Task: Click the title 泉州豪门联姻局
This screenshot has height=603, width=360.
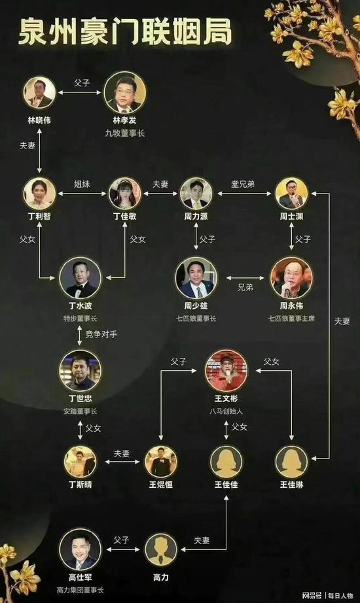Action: point(125,31)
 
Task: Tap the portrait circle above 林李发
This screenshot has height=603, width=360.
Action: point(125,92)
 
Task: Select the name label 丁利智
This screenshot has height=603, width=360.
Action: point(39,216)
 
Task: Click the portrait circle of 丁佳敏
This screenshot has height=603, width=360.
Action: point(125,194)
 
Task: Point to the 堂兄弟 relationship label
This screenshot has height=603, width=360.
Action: point(243,184)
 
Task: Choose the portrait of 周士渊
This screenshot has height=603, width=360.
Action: point(291,194)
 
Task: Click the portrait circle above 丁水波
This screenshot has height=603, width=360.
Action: point(80,278)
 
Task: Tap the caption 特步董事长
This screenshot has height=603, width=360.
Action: point(80,319)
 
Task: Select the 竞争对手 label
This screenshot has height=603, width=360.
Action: point(101,334)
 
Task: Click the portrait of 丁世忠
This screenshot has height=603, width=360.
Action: point(80,370)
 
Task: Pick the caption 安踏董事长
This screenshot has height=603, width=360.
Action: point(80,411)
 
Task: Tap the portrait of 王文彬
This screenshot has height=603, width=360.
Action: point(226,370)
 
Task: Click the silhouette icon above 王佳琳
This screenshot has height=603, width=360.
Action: point(291,462)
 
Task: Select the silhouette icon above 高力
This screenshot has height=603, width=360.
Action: point(160,549)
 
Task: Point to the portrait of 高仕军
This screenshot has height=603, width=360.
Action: point(80,549)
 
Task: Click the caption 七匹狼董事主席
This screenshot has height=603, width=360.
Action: point(291,319)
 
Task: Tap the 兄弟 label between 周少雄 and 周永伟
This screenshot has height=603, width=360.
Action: point(245,287)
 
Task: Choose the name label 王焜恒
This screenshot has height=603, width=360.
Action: point(160,485)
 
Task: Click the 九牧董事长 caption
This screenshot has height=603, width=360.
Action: point(125,133)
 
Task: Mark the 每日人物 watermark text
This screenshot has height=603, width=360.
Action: point(340,596)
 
